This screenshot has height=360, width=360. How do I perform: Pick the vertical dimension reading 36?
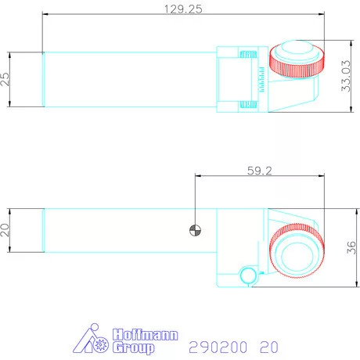click(351, 248)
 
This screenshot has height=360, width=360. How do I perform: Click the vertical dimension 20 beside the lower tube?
click(6, 231)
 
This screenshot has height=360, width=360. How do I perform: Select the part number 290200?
click(212, 345)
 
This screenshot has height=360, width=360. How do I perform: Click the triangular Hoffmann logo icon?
click(92, 339)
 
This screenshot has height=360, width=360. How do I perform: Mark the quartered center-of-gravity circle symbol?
click(194, 230)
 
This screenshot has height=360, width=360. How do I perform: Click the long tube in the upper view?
click(129, 79)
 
